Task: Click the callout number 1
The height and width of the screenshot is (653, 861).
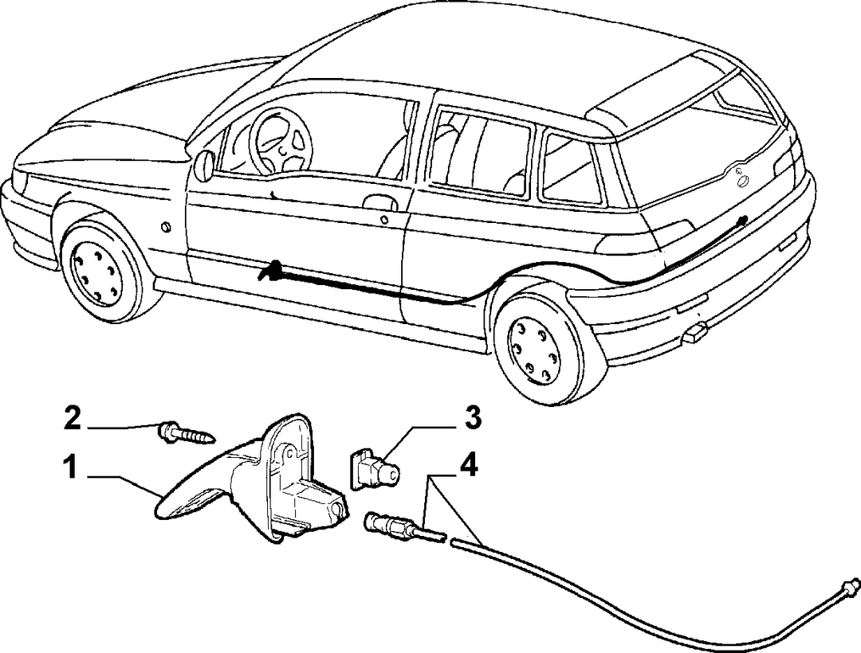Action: (69, 469)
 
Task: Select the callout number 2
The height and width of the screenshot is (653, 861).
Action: (72, 419)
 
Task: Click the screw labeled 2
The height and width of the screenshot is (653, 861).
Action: (187, 432)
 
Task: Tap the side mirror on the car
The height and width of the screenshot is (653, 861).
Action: (205, 165)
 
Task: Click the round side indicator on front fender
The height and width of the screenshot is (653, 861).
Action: (165, 226)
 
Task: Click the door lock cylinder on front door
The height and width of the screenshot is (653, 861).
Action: (384, 221)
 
